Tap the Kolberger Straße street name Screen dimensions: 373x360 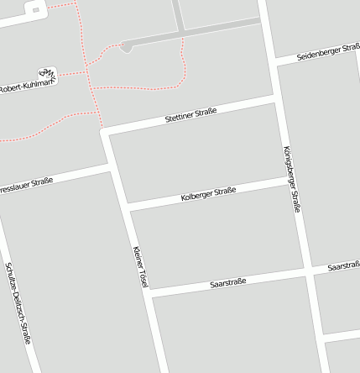pyautogui.click(x=208, y=194)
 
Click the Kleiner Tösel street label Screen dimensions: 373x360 pyautogui.click(x=140, y=267)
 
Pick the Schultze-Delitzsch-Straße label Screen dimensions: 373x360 pyautogui.click(x=18, y=302)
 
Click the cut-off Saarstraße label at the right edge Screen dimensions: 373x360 pyautogui.click(x=345, y=265)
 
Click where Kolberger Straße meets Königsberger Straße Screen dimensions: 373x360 pyautogui.click(x=290, y=180)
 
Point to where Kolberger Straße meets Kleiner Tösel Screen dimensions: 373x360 pyautogui.click(x=128, y=207)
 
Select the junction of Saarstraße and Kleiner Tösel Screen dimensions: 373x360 pyautogui.click(x=149, y=293)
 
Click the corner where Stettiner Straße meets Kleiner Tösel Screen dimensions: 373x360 pyautogui.click(x=105, y=131)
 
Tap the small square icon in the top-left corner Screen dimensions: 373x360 pyautogui.click(x=34, y=10)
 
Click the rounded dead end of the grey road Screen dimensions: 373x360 pyautogui.click(x=126, y=48)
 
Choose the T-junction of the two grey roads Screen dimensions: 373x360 pyautogui.click(x=181, y=34)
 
